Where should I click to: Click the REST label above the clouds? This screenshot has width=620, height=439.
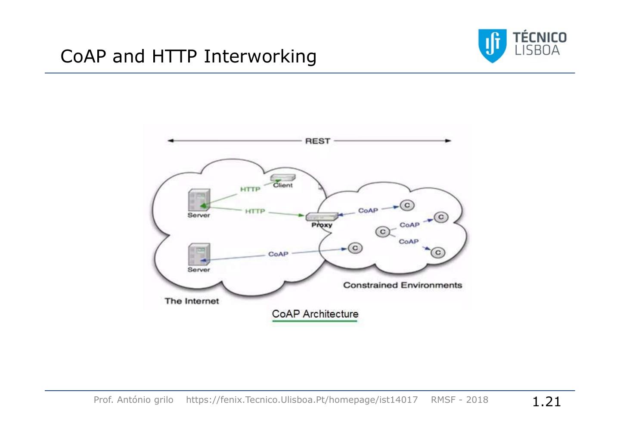coord(317,141)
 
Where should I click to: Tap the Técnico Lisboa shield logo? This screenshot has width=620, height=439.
coord(492,45)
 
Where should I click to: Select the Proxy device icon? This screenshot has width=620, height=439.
coord(321,217)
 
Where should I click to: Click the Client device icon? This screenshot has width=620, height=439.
coord(282,178)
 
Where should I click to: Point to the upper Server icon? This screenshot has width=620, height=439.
coord(199,200)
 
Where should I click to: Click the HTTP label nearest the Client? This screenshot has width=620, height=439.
coord(250,189)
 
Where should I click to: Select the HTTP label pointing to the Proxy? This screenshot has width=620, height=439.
coord(255,211)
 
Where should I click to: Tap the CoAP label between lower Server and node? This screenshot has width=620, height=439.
coord(278,254)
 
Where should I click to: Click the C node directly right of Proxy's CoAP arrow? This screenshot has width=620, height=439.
coord(407,205)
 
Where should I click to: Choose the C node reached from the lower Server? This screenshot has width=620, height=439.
coord(355,248)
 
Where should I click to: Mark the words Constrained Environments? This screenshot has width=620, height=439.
coord(402,285)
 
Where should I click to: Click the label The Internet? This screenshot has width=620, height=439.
coord(192,301)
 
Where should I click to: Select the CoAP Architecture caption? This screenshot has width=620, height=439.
coord(315,314)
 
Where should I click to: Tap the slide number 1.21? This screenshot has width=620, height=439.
coord(546,402)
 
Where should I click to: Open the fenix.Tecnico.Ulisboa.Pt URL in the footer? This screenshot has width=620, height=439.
coord(301,400)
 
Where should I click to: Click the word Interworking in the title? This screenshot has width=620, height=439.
coord(260,56)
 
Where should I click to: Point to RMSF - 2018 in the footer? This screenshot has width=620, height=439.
coord(459,400)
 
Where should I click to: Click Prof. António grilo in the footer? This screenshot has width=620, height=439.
coord(133,400)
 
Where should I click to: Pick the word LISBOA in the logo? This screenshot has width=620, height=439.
coord(537,51)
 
